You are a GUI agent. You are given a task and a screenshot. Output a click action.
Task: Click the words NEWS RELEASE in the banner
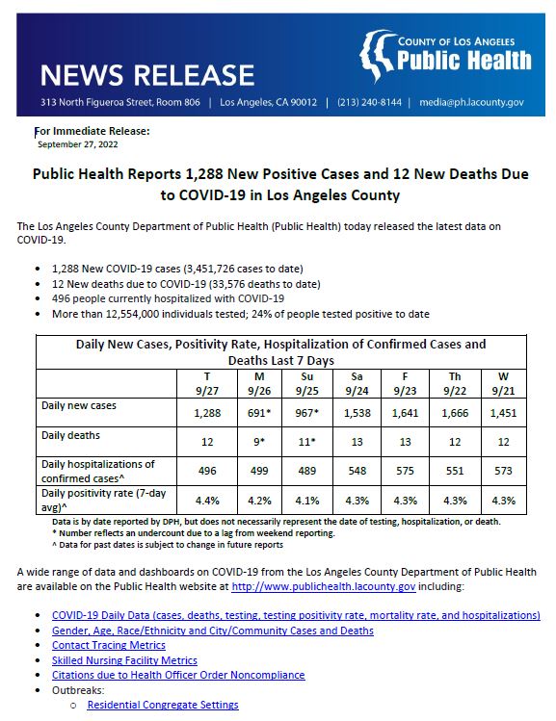[148, 74]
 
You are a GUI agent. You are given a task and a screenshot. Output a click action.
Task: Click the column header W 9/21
[503, 382]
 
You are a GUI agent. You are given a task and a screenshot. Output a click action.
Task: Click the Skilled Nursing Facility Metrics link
[124, 660]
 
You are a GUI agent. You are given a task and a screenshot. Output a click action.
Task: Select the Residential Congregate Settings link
[162, 705]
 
